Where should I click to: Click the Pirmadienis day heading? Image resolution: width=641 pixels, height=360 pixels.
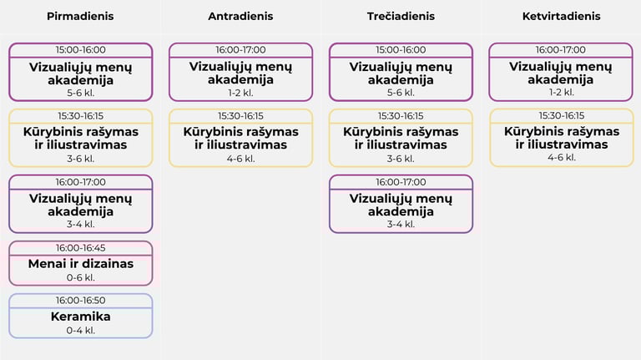pyautogui.click(x=80, y=17)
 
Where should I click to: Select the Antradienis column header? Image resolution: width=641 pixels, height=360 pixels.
pyautogui.click(x=240, y=17)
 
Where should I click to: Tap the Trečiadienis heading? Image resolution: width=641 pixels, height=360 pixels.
pyautogui.click(x=401, y=17)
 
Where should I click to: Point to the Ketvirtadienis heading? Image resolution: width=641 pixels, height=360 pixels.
pyautogui.click(x=561, y=17)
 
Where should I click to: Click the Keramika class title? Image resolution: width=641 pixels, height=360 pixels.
pyautogui.click(x=80, y=317)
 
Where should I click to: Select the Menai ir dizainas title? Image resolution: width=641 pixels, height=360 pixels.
pyautogui.click(x=80, y=264)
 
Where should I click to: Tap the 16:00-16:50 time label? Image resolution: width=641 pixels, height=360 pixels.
pyautogui.click(x=80, y=301)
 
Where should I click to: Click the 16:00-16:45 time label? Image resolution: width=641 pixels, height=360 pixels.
pyautogui.click(x=80, y=248)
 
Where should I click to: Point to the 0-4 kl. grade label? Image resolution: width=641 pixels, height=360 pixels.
pyautogui.click(x=80, y=330)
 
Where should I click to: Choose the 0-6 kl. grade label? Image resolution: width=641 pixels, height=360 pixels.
pyautogui.click(x=80, y=277)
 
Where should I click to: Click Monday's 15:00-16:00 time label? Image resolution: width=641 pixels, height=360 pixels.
pyautogui.click(x=80, y=50)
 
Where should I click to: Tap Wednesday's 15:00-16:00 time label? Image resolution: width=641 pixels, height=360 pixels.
pyautogui.click(x=401, y=50)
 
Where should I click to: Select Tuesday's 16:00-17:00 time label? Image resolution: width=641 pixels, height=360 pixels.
pyautogui.click(x=240, y=50)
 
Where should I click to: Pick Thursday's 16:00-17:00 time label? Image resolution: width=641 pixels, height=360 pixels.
pyautogui.click(x=561, y=50)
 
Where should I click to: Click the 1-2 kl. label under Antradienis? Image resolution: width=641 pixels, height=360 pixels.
pyautogui.click(x=240, y=93)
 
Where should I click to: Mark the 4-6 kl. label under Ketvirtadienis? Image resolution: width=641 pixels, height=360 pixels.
pyautogui.click(x=561, y=158)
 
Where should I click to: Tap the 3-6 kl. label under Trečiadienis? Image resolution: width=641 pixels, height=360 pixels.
pyautogui.click(x=401, y=158)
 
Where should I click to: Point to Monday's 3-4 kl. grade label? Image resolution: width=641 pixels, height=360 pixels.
pyautogui.click(x=80, y=224)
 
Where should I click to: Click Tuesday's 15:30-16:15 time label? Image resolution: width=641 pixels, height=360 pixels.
pyautogui.click(x=240, y=116)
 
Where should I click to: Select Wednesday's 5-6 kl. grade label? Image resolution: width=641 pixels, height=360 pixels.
pyautogui.click(x=401, y=93)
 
